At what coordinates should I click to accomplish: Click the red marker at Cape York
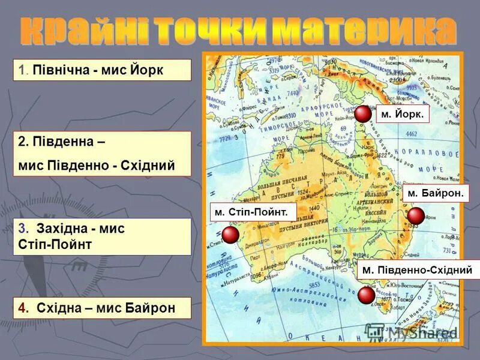[x=362, y=114]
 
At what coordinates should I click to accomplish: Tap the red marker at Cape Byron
[x=416, y=216]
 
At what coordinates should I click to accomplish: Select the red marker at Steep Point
[x=230, y=235]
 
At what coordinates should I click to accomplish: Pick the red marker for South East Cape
[x=366, y=295]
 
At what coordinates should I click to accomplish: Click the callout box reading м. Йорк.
[x=403, y=113]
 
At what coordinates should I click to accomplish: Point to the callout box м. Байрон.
[x=436, y=193]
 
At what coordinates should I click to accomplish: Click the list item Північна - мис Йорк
[x=101, y=70]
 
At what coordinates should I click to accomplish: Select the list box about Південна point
[x=101, y=154]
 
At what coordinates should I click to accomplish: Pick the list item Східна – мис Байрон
[x=101, y=308]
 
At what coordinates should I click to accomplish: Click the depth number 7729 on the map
[x=226, y=139]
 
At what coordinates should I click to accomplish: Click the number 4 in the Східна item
[x=23, y=308]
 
